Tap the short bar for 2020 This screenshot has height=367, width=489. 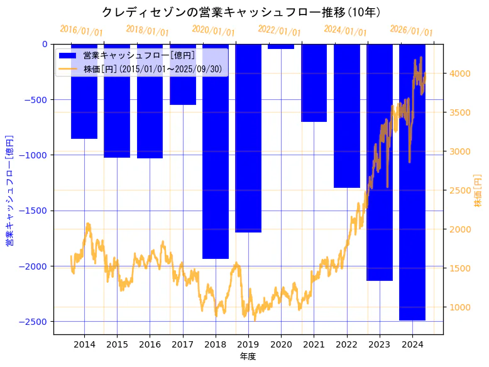281,47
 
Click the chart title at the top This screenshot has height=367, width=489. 244,12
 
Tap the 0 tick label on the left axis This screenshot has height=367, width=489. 45,44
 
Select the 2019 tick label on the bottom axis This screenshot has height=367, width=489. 248,344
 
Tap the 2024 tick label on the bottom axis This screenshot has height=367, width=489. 412,344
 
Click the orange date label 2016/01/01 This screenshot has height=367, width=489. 81,30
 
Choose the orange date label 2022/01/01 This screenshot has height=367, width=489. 279,30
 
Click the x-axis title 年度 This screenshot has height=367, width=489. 248,357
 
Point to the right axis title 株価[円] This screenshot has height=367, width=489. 478,190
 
